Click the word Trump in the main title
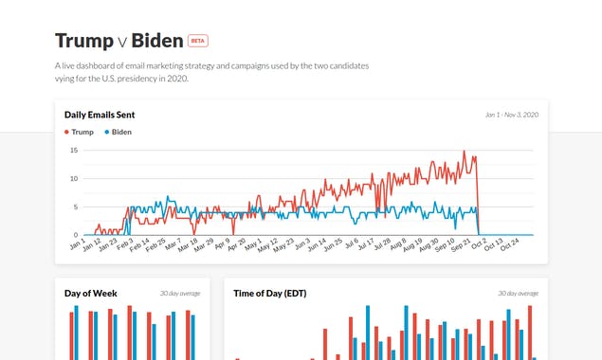tap(83, 41)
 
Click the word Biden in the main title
tap(156, 41)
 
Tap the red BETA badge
tap(197, 41)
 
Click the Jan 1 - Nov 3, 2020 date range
tap(511, 115)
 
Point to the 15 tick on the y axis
tap(73, 150)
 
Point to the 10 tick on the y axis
tap(73, 178)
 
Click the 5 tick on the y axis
tap(75, 207)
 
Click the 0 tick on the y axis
tap(75, 235)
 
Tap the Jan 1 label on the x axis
tap(76, 245)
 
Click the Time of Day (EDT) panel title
tap(269, 294)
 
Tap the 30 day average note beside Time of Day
tap(518, 294)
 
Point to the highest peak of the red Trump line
tap(465, 152)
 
